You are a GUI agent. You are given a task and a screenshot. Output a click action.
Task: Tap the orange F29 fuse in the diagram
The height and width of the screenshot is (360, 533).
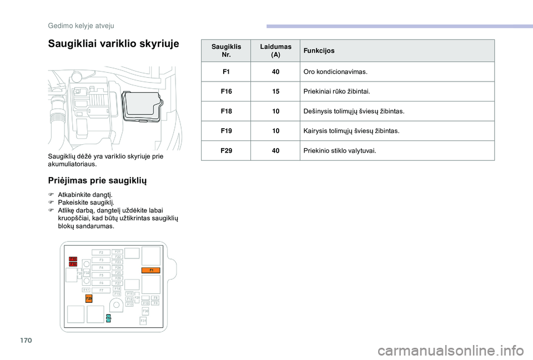tap(89, 298)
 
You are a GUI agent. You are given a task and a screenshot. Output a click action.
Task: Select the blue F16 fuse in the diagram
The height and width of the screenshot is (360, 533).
tap(108, 317)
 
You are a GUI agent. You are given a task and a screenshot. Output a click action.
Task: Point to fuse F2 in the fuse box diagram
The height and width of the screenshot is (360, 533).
tap(102, 252)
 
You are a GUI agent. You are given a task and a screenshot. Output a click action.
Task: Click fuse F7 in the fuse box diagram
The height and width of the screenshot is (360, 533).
tap(102, 290)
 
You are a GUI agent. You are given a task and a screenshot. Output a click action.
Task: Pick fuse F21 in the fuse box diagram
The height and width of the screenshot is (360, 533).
tap(118, 251)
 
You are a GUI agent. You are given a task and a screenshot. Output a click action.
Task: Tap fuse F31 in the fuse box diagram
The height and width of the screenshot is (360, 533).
tap(143, 321)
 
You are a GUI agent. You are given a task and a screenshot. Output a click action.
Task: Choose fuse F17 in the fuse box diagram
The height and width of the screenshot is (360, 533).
tap(86, 290)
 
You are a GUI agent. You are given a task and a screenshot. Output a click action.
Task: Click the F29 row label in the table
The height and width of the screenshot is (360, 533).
tap(227, 150)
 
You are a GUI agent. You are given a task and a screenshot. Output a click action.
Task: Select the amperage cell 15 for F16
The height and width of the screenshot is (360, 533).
tap(276, 91)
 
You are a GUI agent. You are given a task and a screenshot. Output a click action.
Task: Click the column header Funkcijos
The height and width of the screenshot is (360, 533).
tap(319, 50)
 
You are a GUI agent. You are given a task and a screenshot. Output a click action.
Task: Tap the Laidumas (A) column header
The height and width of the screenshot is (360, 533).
tap(276, 50)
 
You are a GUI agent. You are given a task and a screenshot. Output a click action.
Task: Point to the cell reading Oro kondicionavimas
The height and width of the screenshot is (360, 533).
tap(335, 72)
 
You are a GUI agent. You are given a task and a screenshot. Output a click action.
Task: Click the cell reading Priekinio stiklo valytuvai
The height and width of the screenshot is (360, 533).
tap(340, 150)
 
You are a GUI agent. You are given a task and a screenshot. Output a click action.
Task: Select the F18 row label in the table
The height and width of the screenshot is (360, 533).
tap(227, 111)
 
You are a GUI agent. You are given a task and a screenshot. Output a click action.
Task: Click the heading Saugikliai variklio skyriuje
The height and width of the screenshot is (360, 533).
tap(114, 44)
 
